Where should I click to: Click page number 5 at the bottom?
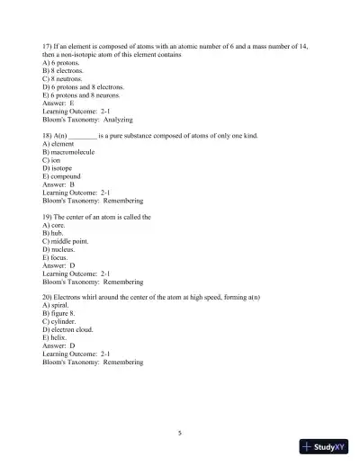[180, 433]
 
